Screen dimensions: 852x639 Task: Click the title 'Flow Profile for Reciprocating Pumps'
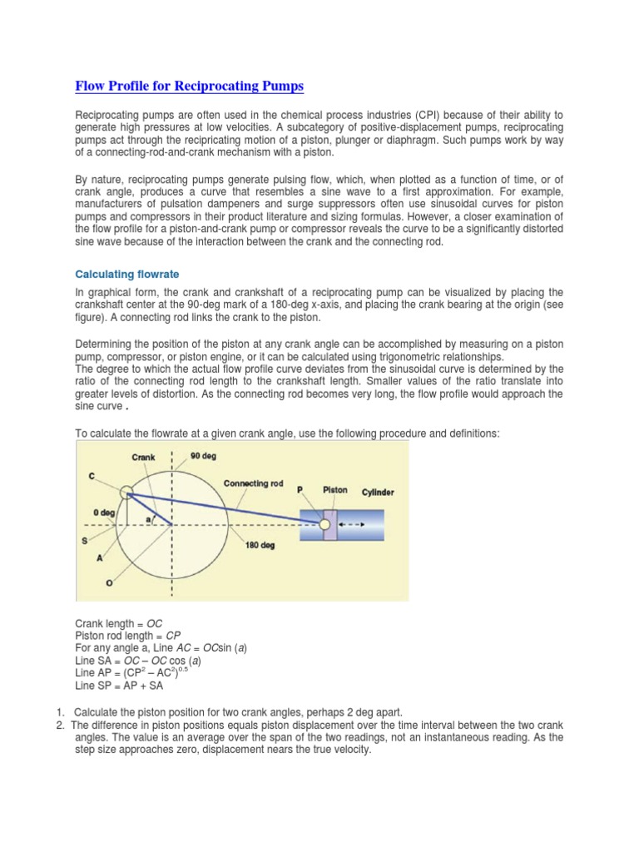click(190, 86)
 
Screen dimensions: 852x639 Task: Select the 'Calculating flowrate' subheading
click(127, 274)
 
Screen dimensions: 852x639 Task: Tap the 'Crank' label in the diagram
click(143, 457)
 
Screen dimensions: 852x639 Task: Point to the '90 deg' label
click(204, 456)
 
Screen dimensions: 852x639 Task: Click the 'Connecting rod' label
click(254, 483)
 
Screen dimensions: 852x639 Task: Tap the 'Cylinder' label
click(378, 492)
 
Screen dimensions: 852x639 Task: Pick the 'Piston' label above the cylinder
click(335, 491)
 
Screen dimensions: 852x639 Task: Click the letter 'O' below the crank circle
click(109, 582)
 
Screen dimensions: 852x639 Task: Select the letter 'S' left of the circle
click(84, 541)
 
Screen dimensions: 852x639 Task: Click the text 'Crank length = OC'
click(119, 622)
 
